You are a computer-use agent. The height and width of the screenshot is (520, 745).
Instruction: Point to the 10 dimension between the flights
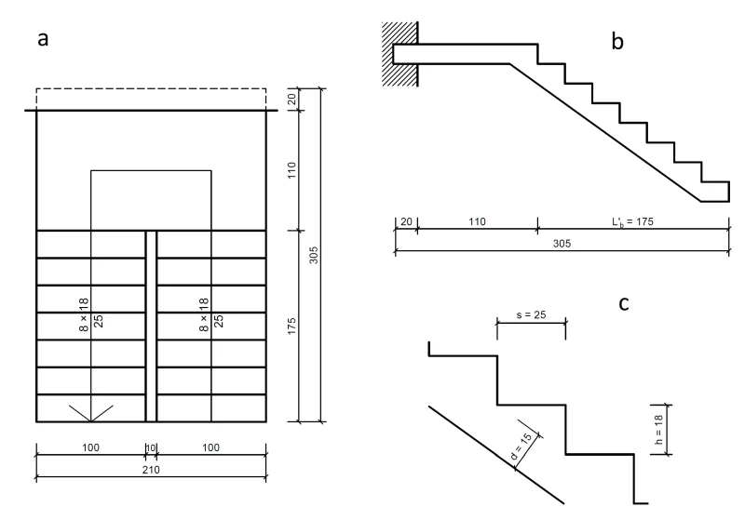coord(151,448)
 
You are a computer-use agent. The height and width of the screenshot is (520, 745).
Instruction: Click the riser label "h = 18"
coord(659,429)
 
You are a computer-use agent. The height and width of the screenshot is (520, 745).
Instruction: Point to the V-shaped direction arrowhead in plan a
coord(90,412)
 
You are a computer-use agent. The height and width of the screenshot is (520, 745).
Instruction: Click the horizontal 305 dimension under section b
coord(561,244)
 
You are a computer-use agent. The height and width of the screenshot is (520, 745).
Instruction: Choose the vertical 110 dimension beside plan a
coord(291,170)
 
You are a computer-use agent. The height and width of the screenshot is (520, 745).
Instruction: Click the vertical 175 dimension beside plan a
coord(291,324)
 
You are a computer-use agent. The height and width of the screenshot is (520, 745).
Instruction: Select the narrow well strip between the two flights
coord(151,326)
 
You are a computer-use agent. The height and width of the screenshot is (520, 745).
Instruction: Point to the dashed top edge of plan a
coord(151,89)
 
